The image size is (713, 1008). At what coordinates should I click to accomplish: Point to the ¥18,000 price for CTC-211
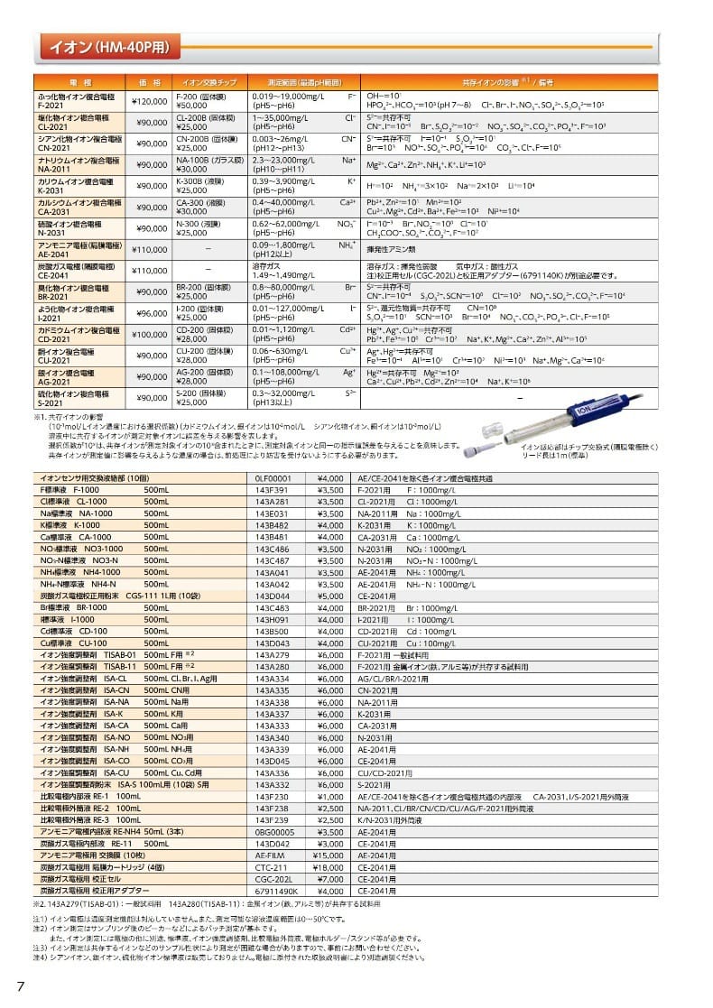329,867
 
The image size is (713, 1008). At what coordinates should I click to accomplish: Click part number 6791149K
276,891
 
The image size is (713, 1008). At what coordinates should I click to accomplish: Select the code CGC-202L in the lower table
273,879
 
